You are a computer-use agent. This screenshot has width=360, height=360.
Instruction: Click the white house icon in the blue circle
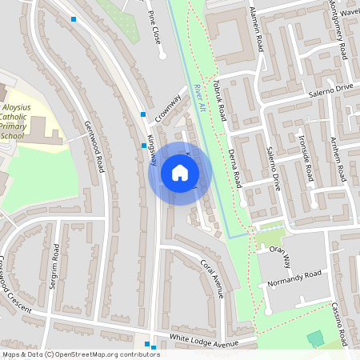pos(180,173)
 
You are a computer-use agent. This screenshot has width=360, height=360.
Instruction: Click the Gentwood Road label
pos(94,146)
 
